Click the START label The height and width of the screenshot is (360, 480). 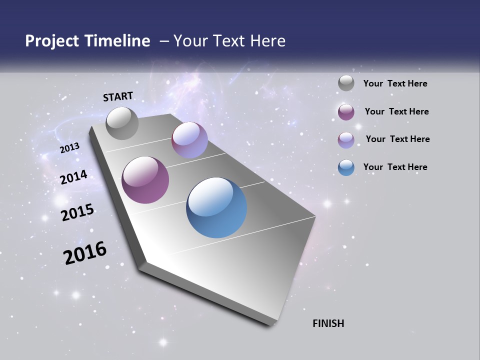[118, 96]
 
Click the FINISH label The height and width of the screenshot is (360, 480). [328, 323]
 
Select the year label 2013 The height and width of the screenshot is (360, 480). [69, 148]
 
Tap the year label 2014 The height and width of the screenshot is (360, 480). [73, 177]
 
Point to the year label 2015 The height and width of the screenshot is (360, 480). [77, 212]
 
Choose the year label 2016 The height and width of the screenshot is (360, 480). [85, 253]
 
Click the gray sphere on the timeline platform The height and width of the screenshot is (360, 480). [122, 123]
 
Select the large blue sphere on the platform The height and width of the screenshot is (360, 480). [216, 207]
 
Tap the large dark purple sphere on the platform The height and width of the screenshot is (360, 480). [145, 180]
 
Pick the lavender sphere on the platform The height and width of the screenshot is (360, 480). [189, 140]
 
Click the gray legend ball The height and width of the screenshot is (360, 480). [346, 83]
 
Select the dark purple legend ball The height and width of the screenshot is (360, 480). [346, 112]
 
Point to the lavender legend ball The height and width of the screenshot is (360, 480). [346, 140]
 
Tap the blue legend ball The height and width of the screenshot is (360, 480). [346, 167]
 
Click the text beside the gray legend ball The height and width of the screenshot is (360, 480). [395, 84]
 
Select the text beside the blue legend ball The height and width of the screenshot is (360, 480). [395, 167]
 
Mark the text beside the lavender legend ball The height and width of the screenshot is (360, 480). [397, 139]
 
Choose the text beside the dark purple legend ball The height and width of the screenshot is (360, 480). [396, 111]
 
